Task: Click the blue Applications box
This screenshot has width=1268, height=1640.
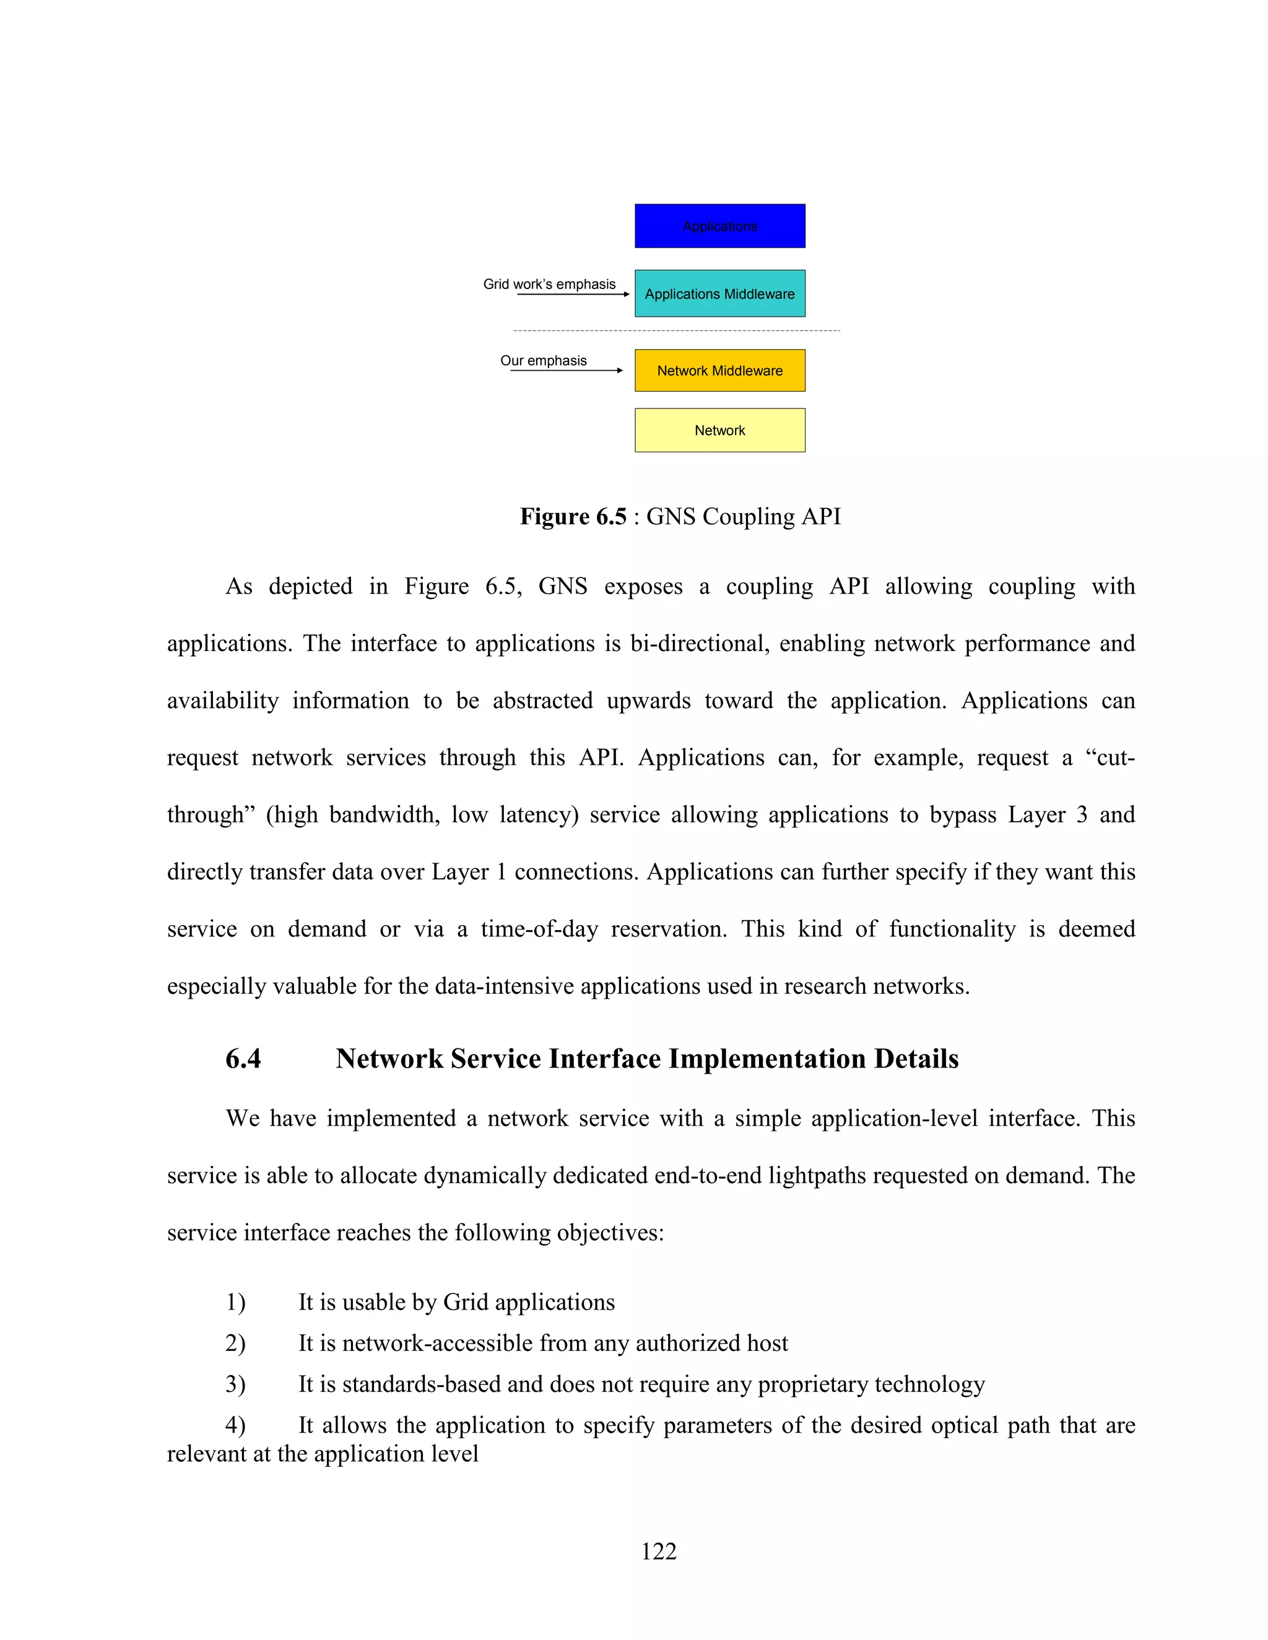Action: pos(719,226)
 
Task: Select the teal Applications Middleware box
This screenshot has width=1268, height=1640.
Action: pos(719,293)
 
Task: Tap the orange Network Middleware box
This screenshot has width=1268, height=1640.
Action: pos(719,370)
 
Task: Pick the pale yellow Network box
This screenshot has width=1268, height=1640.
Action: pos(719,430)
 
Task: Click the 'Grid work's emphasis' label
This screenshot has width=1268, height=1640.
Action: pos(549,284)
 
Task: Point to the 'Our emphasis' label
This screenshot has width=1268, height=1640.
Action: pos(543,360)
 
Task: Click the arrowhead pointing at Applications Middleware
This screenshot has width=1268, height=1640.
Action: pos(626,295)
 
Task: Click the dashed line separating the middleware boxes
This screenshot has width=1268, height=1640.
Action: pos(676,330)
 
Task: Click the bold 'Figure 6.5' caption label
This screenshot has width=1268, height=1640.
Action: pos(573,517)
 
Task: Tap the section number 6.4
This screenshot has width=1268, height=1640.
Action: pos(243,1059)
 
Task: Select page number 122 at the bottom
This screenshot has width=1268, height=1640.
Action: pos(658,1552)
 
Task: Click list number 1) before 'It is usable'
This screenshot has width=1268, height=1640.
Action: pos(235,1302)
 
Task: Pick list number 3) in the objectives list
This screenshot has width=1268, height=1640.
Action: pos(235,1384)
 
